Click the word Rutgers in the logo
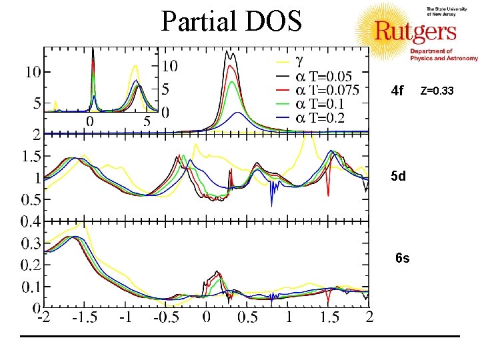(415, 31)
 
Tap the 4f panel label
(397, 90)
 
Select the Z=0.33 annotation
(438, 90)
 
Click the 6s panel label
(402, 258)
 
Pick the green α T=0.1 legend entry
(320, 104)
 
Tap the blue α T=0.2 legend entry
(320, 118)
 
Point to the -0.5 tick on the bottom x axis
(166, 317)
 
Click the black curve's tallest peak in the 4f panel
(229, 51)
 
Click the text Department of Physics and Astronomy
(435, 55)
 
